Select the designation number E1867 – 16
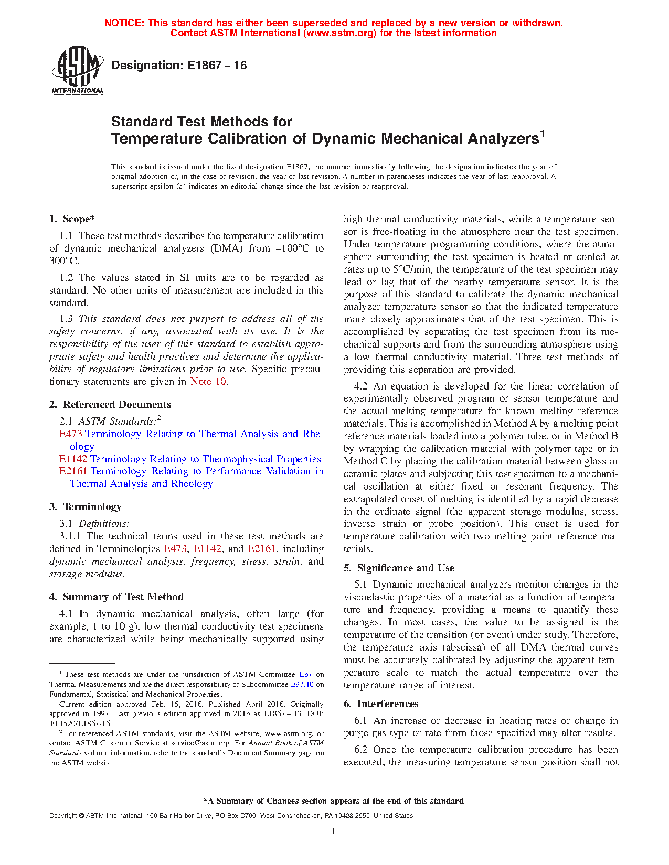(217, 66)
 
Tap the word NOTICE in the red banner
(124, 23)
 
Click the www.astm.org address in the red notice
(339, 33)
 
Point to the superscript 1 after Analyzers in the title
(543, 134)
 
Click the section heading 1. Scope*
(72, 219)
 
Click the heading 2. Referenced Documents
(110, 405)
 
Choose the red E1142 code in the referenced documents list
(73, 459)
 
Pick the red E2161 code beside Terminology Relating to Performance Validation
(73, 471)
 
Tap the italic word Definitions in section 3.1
(103, 524)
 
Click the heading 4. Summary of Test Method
(116, 597)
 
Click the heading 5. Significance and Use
(399, 568)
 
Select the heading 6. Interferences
(381, 704)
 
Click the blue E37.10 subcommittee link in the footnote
(302, 684)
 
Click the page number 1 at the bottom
(334, 831)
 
